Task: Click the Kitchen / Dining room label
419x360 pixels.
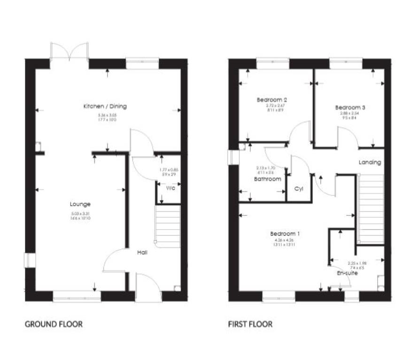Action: click(105, 106)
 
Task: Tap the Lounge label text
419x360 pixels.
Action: click(80, 204)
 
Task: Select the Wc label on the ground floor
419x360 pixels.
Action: click(171, 189)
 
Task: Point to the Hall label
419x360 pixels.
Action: click(142, 253)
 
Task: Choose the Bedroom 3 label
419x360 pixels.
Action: click(350, 107)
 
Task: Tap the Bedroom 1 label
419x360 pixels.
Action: click(285, 234)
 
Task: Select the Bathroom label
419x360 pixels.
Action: click(268, 179)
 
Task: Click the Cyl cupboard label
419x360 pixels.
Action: click(298, 189)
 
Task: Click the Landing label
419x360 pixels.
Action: click(370, 162)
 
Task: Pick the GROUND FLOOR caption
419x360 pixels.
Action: click(54, 324)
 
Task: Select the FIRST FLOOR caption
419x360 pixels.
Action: click(250, 324)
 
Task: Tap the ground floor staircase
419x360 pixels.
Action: click(168, 228)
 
